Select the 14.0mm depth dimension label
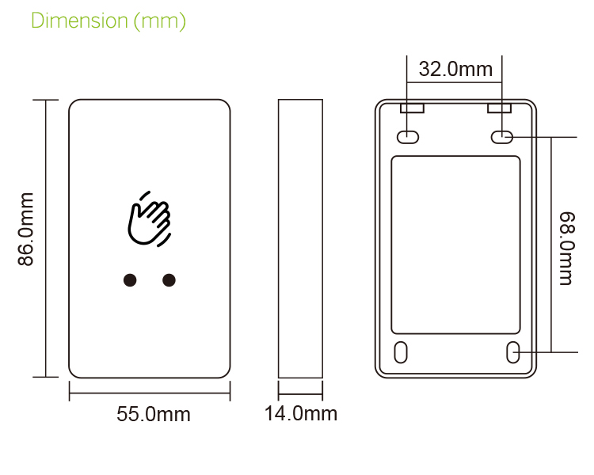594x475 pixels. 300,413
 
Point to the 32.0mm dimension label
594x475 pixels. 455,69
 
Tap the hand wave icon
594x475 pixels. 149,218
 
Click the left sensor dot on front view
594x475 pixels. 129,279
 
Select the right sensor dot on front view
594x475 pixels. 169,279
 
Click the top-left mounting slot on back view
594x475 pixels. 408,137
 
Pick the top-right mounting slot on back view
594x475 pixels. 501,137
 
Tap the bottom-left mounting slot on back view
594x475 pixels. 402,351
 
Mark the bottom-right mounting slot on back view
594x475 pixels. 513,351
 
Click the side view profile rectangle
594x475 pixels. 300,239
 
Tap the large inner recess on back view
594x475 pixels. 456,245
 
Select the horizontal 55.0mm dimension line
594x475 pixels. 150,389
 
